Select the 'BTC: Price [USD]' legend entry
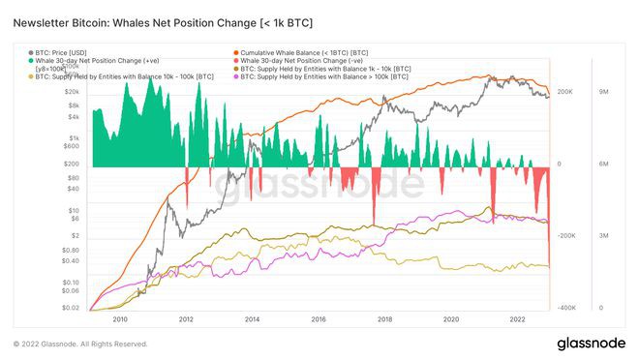65,51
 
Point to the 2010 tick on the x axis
121,318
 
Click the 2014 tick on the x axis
252,318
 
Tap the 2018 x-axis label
384,318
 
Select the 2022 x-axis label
516,318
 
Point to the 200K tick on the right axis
567,92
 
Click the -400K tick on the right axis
566,308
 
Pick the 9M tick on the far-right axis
602,92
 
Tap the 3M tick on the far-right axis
602,236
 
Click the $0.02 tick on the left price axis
69,308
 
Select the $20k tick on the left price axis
70,92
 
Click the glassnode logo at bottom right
591,344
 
